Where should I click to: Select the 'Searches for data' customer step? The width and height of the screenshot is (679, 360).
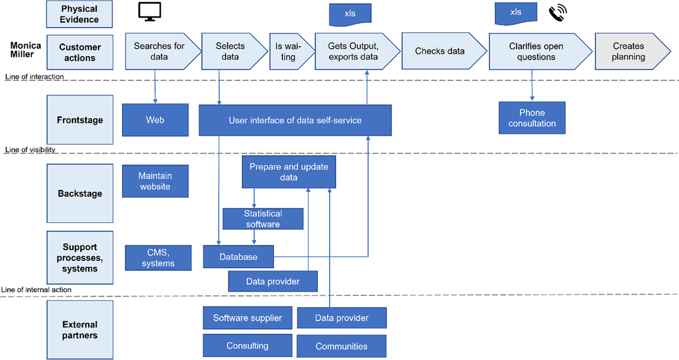click(x=160, y=52)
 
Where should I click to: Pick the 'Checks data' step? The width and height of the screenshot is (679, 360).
click(x=440, y=52)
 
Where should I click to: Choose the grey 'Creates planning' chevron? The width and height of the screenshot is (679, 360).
click(x=628, y=52)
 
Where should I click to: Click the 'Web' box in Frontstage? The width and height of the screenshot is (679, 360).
click(x=155, y=119)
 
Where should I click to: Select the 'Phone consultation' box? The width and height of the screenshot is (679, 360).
click(x=532, y=118)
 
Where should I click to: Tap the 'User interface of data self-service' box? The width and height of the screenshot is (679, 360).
click(x=295, y=120)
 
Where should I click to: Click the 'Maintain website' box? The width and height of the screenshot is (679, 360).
click(x=155, y=181)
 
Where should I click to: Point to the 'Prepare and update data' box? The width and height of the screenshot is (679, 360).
click(x=289, y=172)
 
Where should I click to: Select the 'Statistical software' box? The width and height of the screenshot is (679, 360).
click(x=263, y=218)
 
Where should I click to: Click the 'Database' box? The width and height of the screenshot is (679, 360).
click(x=238, y=256)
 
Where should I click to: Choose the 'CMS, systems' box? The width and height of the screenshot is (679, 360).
click(x=158, y=258)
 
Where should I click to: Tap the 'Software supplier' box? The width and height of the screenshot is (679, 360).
click(x=247, y=318)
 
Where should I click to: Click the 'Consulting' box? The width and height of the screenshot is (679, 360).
click(x=247, y=345)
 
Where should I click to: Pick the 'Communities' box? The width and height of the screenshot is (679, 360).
click(x=341, y=346)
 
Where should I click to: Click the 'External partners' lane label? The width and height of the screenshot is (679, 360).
click(x=80, y=329)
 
